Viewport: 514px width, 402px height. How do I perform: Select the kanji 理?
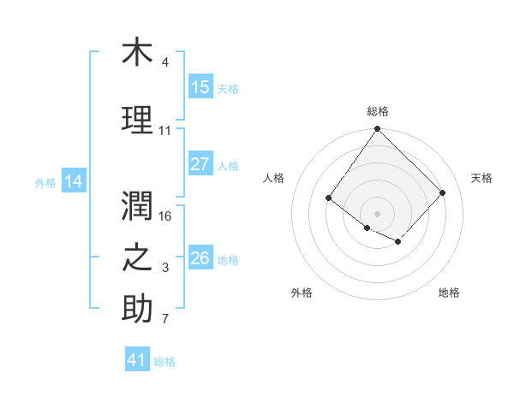pos(137,119)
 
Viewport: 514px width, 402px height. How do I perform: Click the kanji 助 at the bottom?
pos(137,309)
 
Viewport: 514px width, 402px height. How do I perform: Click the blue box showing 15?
pos(200,87)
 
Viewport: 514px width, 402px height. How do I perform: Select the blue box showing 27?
pos(200,164)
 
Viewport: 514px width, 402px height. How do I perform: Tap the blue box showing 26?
pos(200,258)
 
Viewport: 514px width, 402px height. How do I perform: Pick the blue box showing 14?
pos(74,181)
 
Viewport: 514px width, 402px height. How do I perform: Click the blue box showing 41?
pos(137,360)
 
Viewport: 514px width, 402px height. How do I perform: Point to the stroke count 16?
pos(166,216)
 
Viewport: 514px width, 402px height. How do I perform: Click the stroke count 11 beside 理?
pos(165,131)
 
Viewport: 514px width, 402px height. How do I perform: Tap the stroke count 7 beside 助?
pos(165,320)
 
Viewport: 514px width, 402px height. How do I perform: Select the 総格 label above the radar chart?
pos(378,111)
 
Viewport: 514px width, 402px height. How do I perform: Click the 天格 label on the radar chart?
pos(481,178)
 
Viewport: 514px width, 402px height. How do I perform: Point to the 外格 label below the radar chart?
pos(302,293)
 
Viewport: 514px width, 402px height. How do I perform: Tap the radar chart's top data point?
pos(378,130)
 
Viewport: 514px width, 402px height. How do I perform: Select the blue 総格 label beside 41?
pos(164,362)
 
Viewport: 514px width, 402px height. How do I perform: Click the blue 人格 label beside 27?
pos(228,165)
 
